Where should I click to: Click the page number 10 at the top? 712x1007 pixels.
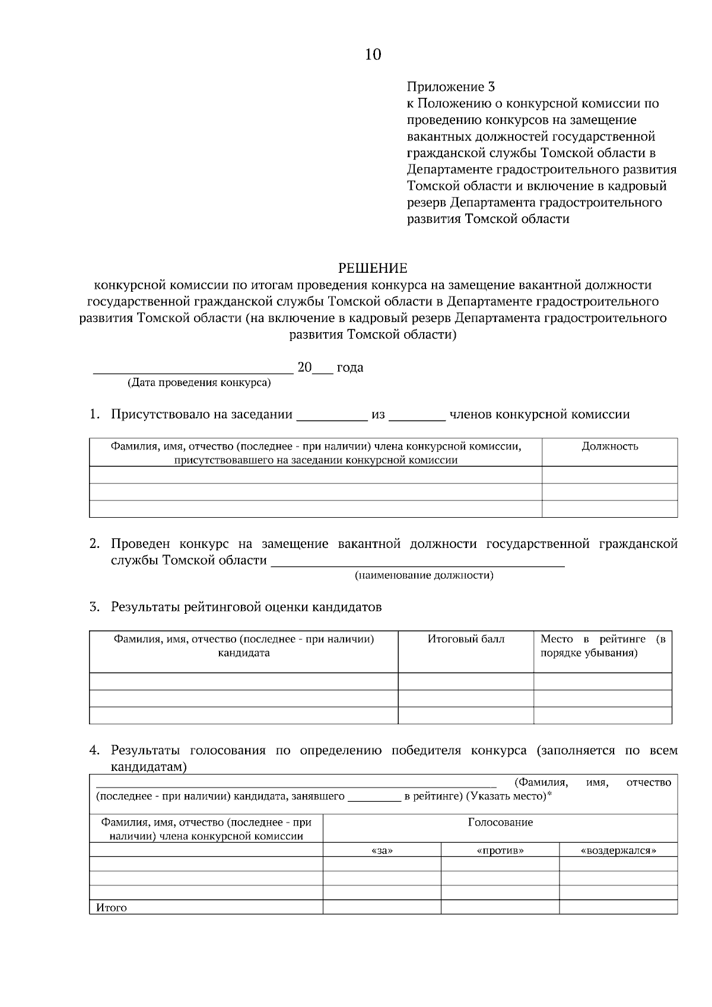373,55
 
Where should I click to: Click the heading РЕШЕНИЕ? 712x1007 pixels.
373,269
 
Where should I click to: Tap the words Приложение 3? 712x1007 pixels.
450,87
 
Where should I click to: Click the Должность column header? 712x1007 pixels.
609,447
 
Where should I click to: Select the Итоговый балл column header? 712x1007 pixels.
466,639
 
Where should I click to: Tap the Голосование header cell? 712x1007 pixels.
500,823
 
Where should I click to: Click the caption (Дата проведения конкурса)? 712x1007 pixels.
199,383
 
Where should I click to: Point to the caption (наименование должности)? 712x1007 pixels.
424,575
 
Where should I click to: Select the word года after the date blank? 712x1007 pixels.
350,368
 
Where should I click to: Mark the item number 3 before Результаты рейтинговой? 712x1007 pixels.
94,607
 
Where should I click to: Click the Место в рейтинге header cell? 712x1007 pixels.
602,646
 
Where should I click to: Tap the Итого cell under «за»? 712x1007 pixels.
382,907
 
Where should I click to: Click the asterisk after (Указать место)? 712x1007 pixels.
549,795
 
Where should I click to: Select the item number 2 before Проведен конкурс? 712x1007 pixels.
94,544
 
